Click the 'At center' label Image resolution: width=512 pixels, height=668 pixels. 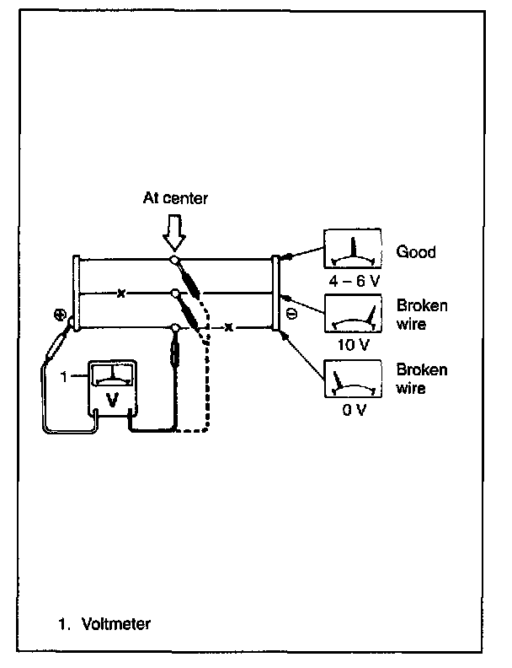click(175, 198)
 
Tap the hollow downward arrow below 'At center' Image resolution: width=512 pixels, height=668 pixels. click(174, 233)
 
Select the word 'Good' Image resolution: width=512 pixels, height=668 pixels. click(416, 252)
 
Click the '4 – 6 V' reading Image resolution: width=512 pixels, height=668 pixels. click(354, 281)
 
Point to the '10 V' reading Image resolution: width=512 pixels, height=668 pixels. click(354, 345)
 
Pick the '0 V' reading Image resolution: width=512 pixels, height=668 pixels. click(355, 410)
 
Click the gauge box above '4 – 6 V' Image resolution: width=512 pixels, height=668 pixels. click(353, 249)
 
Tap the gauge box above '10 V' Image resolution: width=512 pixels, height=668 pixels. click(353, 313)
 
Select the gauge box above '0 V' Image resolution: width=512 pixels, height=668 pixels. click(353, 379)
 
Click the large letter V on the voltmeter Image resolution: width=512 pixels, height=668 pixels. click(112, 400)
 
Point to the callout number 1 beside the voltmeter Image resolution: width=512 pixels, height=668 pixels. click(64, 377)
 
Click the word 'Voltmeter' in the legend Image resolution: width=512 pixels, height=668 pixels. click(116, 624)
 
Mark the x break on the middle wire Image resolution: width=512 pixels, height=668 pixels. click(121, 294)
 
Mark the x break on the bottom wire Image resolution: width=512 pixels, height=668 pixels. click(229, 327)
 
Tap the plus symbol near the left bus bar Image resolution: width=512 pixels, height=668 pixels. click(60, 315)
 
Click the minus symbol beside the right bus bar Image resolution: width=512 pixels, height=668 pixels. click(292, 314)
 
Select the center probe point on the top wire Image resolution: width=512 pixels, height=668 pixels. click(174, 259)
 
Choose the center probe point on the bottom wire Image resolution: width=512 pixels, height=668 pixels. click(175, 327)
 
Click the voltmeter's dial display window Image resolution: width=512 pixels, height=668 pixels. click(113, 375)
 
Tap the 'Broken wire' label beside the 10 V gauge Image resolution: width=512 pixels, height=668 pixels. click(422, 315)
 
